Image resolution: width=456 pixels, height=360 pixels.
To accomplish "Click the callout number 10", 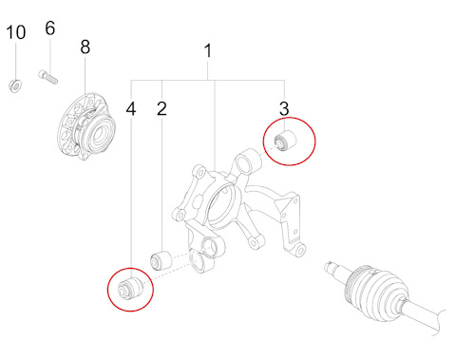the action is point(16,32).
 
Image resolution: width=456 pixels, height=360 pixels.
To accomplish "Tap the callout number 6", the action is point(50,28).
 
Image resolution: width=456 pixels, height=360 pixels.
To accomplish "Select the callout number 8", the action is point(85,47).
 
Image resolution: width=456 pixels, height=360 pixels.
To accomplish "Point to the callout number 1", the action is point(208,51).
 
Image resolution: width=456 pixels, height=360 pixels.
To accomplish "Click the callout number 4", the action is point(131,109).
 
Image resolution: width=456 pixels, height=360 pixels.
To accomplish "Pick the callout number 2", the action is point(161,109).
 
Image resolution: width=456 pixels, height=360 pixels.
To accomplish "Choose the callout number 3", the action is point(284,109).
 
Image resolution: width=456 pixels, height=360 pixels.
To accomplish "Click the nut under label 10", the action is point(14,85).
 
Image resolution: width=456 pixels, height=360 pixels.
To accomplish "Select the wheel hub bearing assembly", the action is point(88,127).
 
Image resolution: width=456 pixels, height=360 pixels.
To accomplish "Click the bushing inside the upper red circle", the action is point(285,141).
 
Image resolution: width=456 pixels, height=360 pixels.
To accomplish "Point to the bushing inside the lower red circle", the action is point(130,288).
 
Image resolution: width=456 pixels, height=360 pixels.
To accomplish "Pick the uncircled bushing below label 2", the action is point(161,260).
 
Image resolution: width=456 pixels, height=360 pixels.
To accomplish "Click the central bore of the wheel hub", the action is point(101,136).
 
